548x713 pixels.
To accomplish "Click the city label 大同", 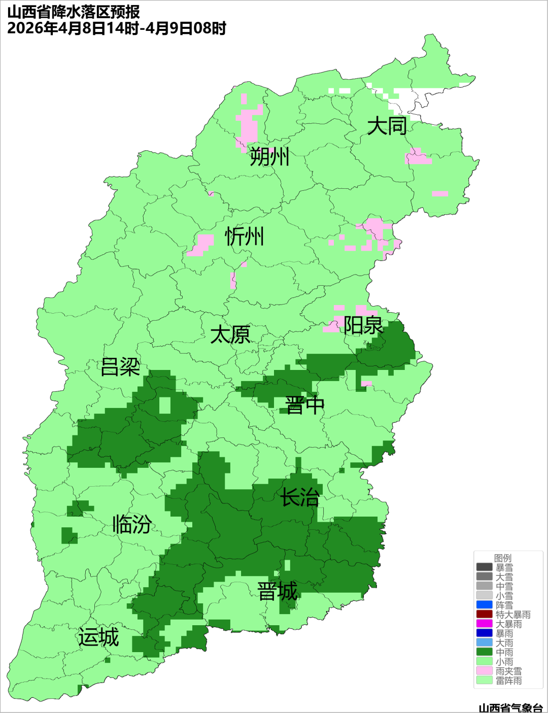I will (x=387, y=126).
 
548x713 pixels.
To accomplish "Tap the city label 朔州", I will (x=269, y=157).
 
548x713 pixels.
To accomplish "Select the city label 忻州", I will (x=245, y=236).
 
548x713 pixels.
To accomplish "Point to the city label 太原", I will (x=230, y=335).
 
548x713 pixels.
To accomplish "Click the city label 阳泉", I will (x=363, y=325).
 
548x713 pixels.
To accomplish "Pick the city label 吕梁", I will (x=120, y=367).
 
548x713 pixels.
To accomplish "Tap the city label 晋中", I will (x=304, y=405).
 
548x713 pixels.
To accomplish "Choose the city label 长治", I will (x=300, y=497).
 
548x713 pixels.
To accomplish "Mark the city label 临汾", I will (x=132, y=524).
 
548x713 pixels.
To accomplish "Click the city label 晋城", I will (x=278, y=592).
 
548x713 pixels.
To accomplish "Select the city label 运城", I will (x=98, y=637).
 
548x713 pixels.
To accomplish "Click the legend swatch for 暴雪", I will (x=484, y=567).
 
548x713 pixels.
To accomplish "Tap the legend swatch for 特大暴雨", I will (x=484, y=615).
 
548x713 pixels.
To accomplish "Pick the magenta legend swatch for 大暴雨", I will (x=484, y=624).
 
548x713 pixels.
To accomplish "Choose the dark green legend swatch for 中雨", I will (x=484, y=652).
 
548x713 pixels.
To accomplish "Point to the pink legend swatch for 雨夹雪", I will (x=484, y=671).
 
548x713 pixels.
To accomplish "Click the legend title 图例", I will (x=503, y=558).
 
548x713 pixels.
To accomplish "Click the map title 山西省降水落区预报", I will (x=74, y=12).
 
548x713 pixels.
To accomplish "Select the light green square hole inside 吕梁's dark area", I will (x=165, y=405).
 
